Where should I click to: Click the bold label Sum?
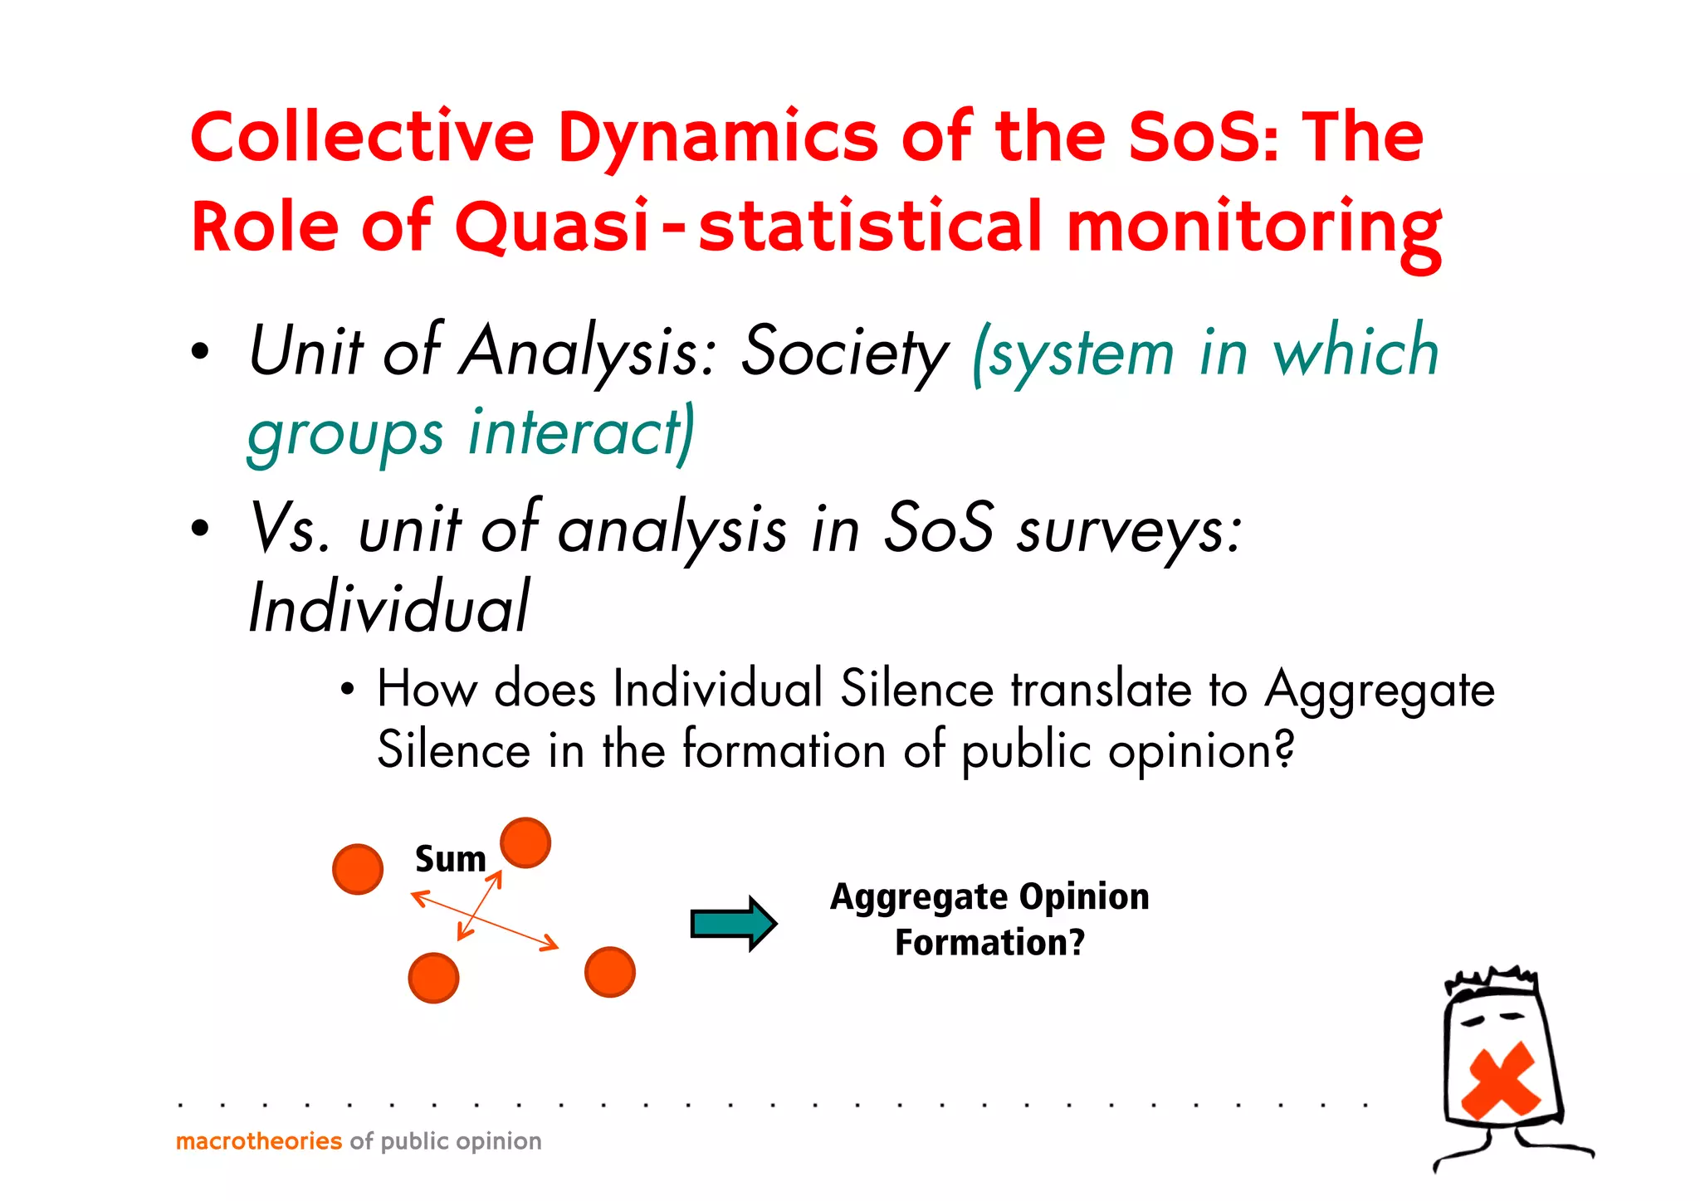[450, 859]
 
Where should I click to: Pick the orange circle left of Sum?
[358, 869]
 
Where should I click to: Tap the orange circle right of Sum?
[525, 842]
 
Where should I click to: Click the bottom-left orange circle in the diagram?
[433, 978]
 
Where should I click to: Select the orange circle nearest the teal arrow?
[610, 972]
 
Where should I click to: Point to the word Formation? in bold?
[989, 943]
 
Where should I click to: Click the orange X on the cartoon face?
[1500, 1081]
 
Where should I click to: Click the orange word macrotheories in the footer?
[258, 1141]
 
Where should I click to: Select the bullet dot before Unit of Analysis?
[199, 352]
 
